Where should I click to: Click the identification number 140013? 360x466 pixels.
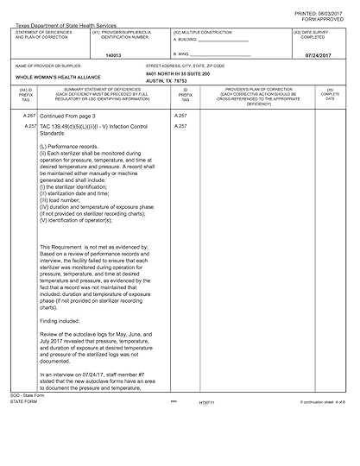pyautogui.click(x=112, y=54)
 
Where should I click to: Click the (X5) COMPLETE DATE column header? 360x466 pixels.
pyautogui.click(x=331, y=95)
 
